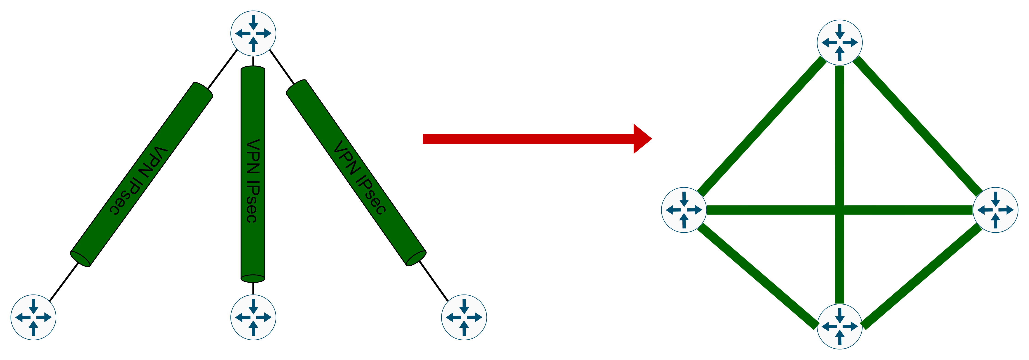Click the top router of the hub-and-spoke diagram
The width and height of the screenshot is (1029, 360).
[x=253, y=34]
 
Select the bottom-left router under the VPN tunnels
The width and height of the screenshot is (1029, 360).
[x=33, y=318]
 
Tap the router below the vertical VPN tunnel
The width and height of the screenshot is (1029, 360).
[x=253, y=318]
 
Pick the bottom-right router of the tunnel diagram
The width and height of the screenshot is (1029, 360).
[x=464, y=318]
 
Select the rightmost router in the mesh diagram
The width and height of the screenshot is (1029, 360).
[x=996, y=210]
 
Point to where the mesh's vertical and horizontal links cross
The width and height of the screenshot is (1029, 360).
[x=840, y=210]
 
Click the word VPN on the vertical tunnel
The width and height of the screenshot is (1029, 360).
[x=253, y=156]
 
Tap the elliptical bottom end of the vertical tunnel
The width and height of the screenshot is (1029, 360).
[x=253, y=278]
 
